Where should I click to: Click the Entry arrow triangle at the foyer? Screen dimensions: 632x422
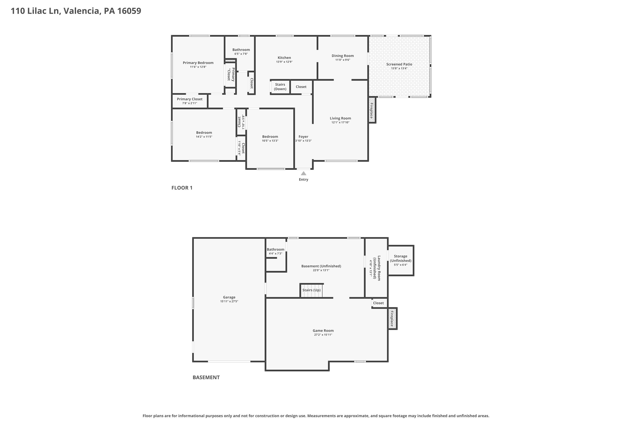303,173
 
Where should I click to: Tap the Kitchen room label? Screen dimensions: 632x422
284,58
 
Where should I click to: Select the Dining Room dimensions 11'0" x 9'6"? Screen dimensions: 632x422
343,60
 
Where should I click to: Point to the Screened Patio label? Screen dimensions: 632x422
399,64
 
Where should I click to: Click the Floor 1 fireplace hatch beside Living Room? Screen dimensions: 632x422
372,110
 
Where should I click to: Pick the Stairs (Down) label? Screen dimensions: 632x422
280,87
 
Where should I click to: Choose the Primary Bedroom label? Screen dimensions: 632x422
198,63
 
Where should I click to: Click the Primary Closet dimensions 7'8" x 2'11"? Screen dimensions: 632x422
190,103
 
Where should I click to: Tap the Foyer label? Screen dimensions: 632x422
303,137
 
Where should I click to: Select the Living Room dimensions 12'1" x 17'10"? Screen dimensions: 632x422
340,122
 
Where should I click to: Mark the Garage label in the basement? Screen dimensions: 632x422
229,297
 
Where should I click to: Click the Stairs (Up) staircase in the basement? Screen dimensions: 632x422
311,291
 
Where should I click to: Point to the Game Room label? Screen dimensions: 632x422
323,330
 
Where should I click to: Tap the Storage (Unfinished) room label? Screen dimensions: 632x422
401,258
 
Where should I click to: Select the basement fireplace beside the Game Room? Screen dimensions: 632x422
392,319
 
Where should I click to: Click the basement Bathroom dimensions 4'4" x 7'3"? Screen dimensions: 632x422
275,254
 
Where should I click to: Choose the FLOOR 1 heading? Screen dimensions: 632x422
182,188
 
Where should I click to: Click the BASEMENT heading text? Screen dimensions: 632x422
206,377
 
